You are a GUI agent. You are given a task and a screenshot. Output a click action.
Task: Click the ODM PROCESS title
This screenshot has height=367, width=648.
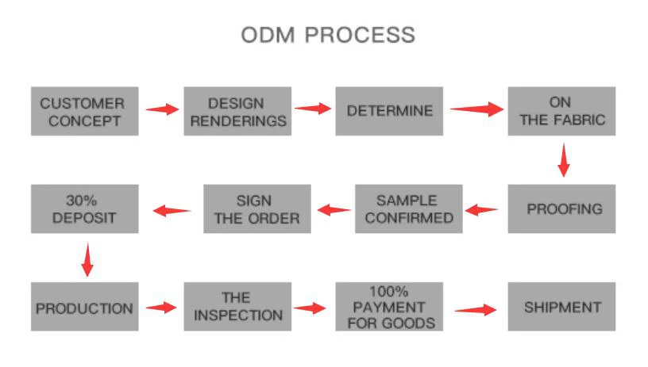tap(327, 36)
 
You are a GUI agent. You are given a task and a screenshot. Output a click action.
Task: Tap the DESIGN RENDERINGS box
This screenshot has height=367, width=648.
tap(237, 112)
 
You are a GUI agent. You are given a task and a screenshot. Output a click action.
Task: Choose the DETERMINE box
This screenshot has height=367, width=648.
tap(389, 111)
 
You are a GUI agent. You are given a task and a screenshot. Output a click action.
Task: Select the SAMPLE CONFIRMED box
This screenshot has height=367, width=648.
tap(407, 208)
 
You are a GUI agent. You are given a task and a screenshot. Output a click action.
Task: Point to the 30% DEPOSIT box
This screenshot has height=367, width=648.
tap(84, 209)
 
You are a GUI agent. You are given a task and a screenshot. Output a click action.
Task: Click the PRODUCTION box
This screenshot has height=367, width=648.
tap(84, 307)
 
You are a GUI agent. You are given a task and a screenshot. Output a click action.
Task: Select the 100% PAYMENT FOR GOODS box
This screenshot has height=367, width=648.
tap(388, 307)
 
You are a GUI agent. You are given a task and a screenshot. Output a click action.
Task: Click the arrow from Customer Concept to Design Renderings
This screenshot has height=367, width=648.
tap(162, 109)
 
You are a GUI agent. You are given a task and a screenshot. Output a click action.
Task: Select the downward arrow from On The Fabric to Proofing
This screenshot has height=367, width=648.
tap(563, 159)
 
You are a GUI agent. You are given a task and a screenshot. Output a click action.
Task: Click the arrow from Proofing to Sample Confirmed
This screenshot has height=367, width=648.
tap(482, 210)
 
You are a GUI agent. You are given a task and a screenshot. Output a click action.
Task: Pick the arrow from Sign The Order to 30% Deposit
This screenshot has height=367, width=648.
tap(172, 210)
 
